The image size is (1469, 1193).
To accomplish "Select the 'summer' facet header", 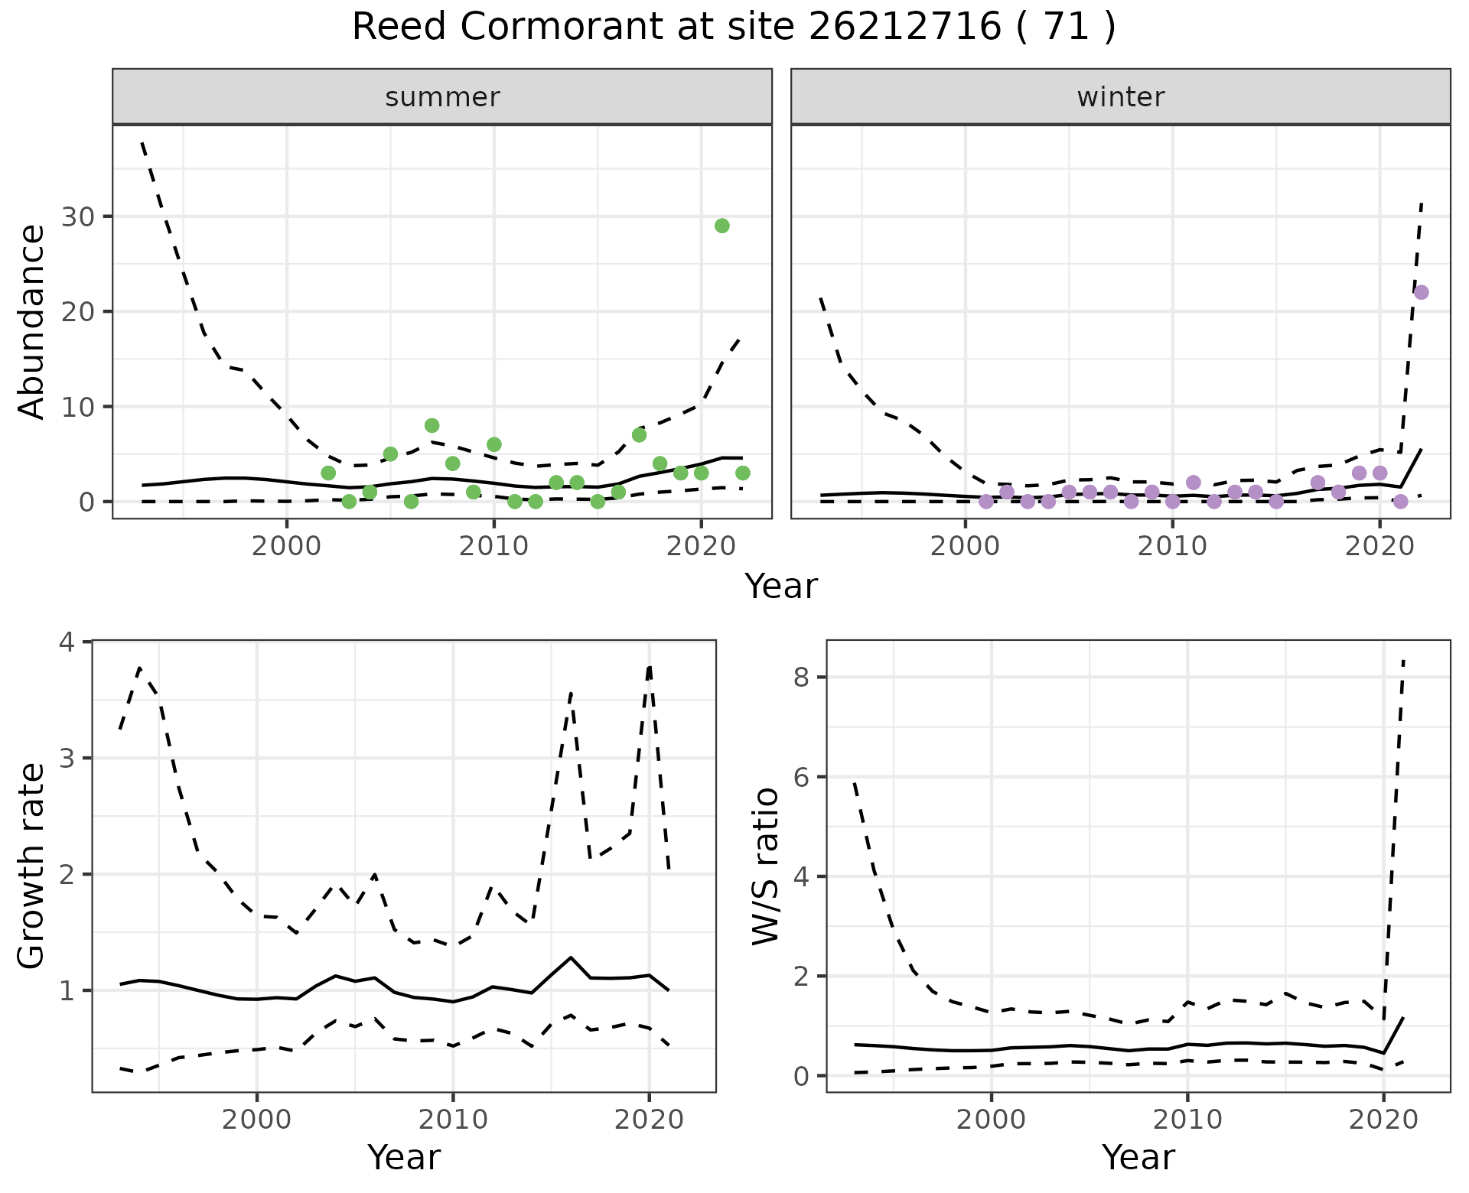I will click(442, 97).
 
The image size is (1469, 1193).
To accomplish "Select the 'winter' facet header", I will click(1120, 97).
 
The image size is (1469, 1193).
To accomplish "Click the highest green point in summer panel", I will click(721, 226).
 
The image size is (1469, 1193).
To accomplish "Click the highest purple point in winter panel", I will click(1421, 292).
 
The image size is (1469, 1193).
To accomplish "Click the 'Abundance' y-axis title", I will click(32, 321).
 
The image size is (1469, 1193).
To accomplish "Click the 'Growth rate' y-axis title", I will click(32, 866).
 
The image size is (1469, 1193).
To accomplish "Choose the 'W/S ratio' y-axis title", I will click(765, 866).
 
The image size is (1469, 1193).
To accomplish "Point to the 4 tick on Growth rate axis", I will click(67, 642).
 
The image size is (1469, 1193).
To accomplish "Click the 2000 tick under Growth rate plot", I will click(257, 1120).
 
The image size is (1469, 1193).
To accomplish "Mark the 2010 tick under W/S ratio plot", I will click(1187, 1120).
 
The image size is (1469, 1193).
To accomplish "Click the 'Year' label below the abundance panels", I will click(781, 587).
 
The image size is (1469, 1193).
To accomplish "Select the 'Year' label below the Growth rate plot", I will click(404, 1158).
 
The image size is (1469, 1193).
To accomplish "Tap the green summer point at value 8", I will click(432, 425).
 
